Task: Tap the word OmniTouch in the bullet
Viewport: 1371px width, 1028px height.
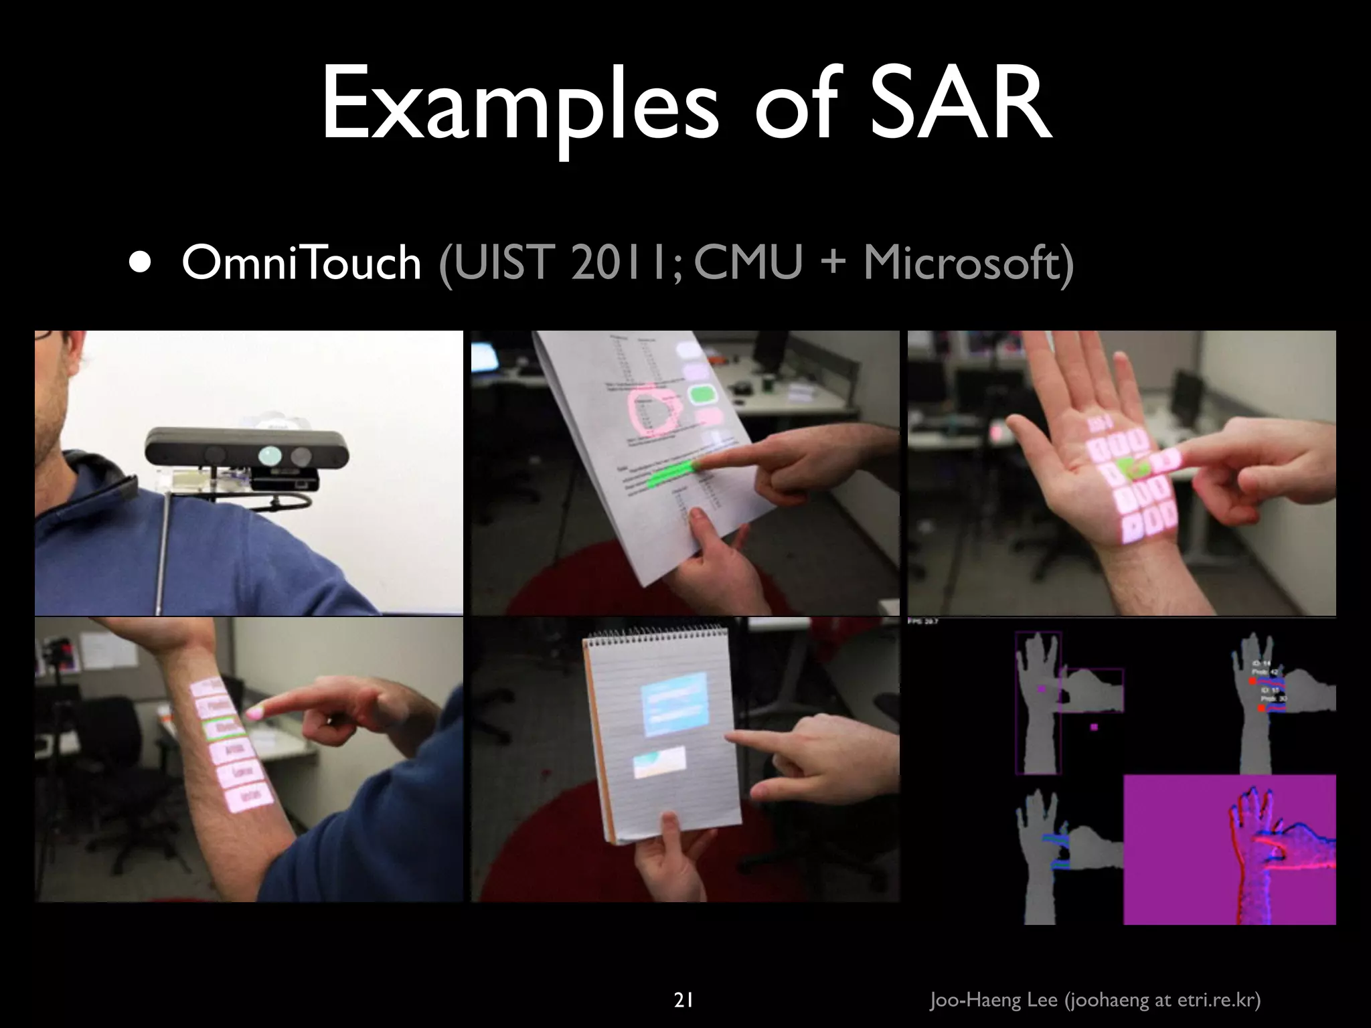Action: (301, 262)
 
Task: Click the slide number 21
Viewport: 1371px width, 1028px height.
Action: (683, 982)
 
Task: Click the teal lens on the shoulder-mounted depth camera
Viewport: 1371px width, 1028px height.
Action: (271, 455)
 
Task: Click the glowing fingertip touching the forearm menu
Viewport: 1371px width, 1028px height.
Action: (255, 713)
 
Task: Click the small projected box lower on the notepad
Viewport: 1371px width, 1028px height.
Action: (659, 763)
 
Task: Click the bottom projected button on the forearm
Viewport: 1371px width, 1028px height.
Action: (250, 796)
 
